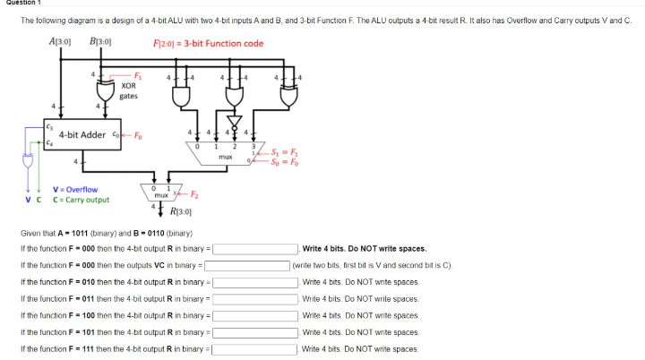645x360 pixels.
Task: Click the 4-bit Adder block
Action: tap(83, 136)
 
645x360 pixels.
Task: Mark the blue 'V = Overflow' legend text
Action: tap(75, 189)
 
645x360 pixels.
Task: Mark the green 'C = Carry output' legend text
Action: tap(82, 199)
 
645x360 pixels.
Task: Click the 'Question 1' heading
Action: tap(20, 4)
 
